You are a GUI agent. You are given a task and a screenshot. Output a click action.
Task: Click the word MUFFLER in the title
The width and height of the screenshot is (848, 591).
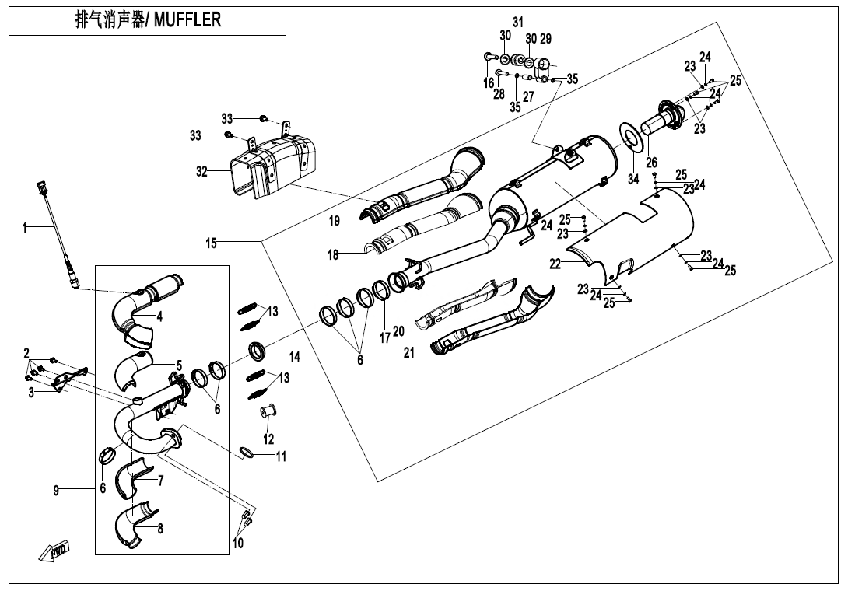(x=187, y=20)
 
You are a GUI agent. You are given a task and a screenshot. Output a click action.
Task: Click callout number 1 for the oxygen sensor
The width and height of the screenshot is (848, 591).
(x=25, y=228)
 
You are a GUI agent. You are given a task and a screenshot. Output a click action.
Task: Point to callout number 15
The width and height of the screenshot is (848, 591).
(x=211, y=243)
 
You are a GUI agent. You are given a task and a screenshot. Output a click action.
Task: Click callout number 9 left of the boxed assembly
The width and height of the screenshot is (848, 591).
(x=56, y=489)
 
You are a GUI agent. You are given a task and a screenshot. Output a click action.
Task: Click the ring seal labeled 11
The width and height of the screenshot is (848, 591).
(x=246, y=453)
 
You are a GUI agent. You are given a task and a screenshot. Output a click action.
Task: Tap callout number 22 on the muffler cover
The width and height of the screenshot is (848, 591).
(x=555, y=264)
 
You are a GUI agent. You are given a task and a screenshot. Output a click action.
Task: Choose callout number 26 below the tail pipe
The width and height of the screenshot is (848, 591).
(x=652, y=163)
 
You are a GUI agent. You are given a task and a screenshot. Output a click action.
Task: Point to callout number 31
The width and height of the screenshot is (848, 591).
(x=518, y=21)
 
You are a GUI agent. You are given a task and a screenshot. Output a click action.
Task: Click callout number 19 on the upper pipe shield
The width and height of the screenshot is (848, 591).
(x=335, y=221)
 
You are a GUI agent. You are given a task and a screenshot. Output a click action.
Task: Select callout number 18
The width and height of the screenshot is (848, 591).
(x=333, y=254)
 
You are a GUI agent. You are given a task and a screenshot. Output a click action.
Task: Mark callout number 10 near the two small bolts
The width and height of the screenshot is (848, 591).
(x=238, y=543)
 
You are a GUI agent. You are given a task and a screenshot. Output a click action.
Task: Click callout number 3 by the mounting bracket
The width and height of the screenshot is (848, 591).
(x=31, y=393)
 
